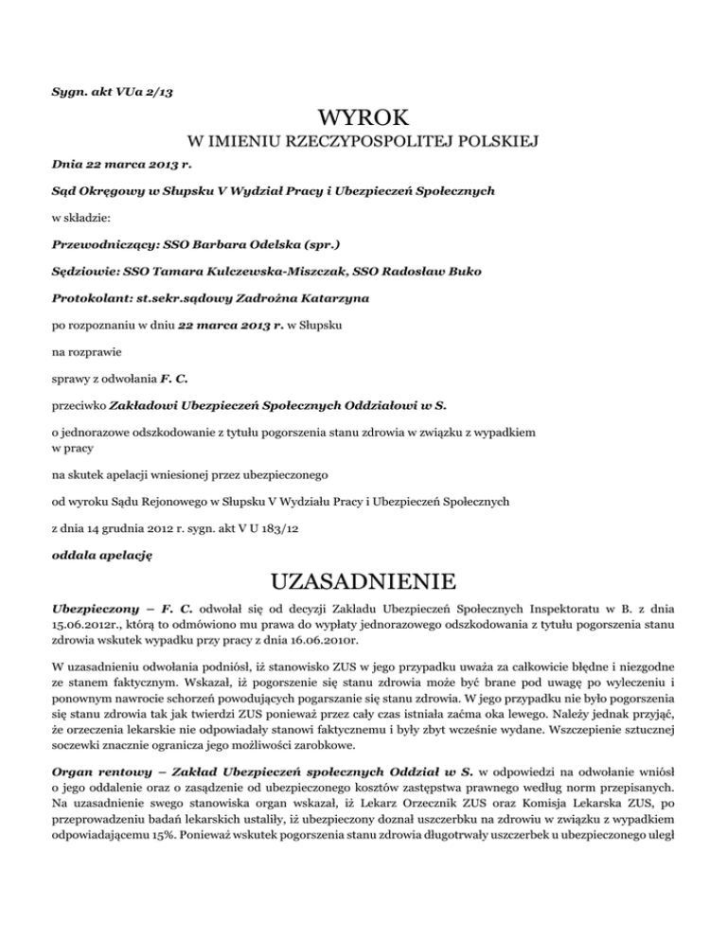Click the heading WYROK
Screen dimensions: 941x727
coord(363,118)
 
